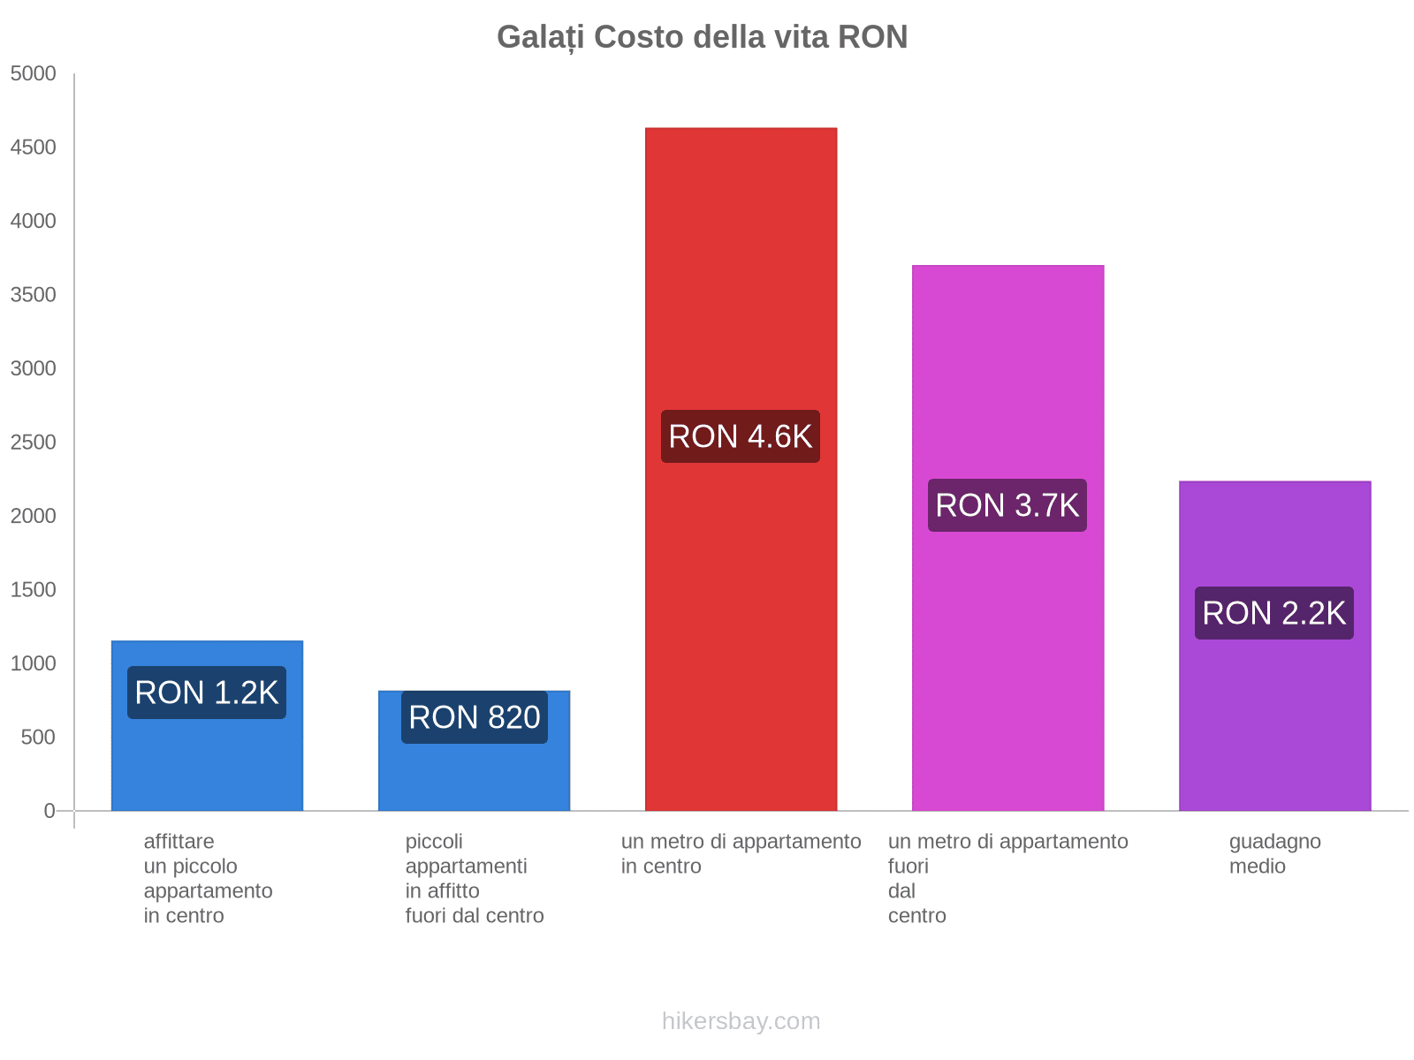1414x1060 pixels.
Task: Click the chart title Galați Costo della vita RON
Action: coord(702,37)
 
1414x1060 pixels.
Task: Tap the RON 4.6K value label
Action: coord(741,436)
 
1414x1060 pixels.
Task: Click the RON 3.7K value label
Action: coord(1007,505)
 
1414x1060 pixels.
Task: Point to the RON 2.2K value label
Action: coord(1274,613)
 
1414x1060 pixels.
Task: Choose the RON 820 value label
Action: coord(475,717)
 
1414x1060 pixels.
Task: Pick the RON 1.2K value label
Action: coord(207,693)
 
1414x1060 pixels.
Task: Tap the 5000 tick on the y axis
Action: coord(34,74)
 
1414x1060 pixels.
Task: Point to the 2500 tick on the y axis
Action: coord(34,443)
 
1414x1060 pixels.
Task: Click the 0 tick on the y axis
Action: coord(49,811)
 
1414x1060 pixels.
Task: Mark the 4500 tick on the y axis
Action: coord(34,148)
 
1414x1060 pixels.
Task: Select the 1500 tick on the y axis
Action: coord(34,590)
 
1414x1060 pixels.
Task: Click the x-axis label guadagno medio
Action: coord(1274,853)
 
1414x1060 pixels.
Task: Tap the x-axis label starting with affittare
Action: coord(208,878)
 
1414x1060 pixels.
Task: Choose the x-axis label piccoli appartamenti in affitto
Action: coord(475,878)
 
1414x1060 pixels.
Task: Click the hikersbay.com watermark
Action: coord(741,1021)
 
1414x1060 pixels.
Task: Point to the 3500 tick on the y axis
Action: coord(34,295)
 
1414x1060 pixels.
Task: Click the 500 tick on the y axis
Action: coord(39,738)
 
